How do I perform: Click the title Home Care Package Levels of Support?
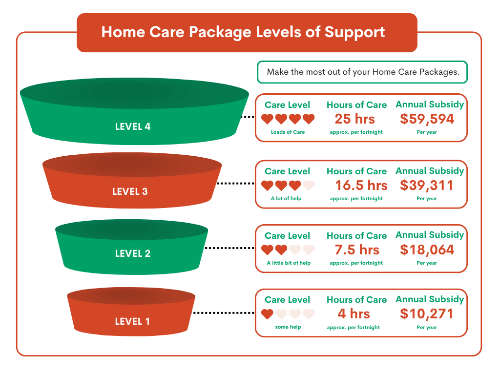pyautogui.click(x=243, y=32)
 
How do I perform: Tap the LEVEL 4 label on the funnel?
pyautogui.click(x=133, y=126)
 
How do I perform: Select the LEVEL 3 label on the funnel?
pyautogui.click(x=130, y=191)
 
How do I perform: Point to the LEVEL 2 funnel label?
pyautogui.click(x=133, y=253)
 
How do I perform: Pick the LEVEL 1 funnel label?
pyautogui.click(x=132, y=321)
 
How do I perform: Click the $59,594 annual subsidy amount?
pyautogui.click(x=427, y=119)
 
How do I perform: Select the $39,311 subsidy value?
pyautogui.click(x=427, y=186)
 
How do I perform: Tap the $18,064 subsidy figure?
pyautogui.click(x=427, y=250)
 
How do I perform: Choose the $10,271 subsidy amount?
pyautogui.click(x=427, y=314)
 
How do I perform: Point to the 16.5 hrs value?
pyautogui.click(x=361, y=186)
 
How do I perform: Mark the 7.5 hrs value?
pyautogui.click(x=357, y=250)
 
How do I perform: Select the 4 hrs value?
pyautogui.click(x=354, y=314)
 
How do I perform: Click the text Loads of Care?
pyautogui.click(x=288, y=132)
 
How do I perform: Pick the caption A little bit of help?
pyautogui.click(x=289, y=263)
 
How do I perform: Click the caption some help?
pyautogui.click(x=288, y=327)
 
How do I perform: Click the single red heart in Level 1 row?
pyautogui.click(x=267, y=314)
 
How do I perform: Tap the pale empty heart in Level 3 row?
pyautogui.click(x=309, y=186)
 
